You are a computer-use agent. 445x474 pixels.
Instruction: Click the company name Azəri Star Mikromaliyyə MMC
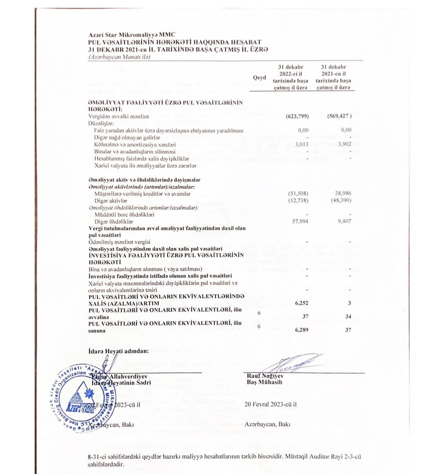point(132,35)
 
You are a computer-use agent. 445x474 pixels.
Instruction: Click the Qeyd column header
point(259,77)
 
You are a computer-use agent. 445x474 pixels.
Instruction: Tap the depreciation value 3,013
point(302,145)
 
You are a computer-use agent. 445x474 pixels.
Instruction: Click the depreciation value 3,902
point(344,144)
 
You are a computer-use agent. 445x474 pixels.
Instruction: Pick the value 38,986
point(344,193)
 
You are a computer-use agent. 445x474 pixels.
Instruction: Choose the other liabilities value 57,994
point(300,221)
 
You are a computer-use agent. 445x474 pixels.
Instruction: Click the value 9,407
point(344,221)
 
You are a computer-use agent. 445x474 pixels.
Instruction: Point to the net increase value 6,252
point(302,303)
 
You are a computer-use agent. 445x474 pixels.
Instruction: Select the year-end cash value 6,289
point(302,330)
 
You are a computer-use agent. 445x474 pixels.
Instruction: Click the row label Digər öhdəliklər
point(114,222)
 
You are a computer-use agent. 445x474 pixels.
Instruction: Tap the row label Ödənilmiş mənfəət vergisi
point(119,242)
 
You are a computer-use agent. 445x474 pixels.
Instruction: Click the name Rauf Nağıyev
point(265,376)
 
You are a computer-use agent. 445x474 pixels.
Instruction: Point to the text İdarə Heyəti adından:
point(118,351)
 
